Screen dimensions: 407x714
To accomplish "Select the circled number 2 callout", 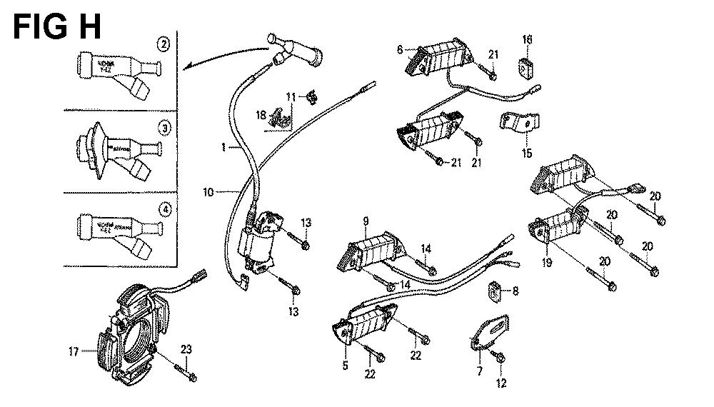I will coord(164,46).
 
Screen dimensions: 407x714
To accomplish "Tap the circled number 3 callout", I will coord(164,129).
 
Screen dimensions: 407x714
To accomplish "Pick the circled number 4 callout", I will coord(164,210).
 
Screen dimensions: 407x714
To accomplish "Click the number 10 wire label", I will coord(208,191).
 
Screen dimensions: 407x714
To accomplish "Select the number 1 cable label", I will coord(223,147).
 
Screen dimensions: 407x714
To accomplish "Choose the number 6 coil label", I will coord(400,49).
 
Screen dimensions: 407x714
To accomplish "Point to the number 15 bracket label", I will coord(527,153).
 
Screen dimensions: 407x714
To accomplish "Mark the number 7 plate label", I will coord(480,371).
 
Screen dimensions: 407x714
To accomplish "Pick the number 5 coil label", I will coord(345,366).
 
